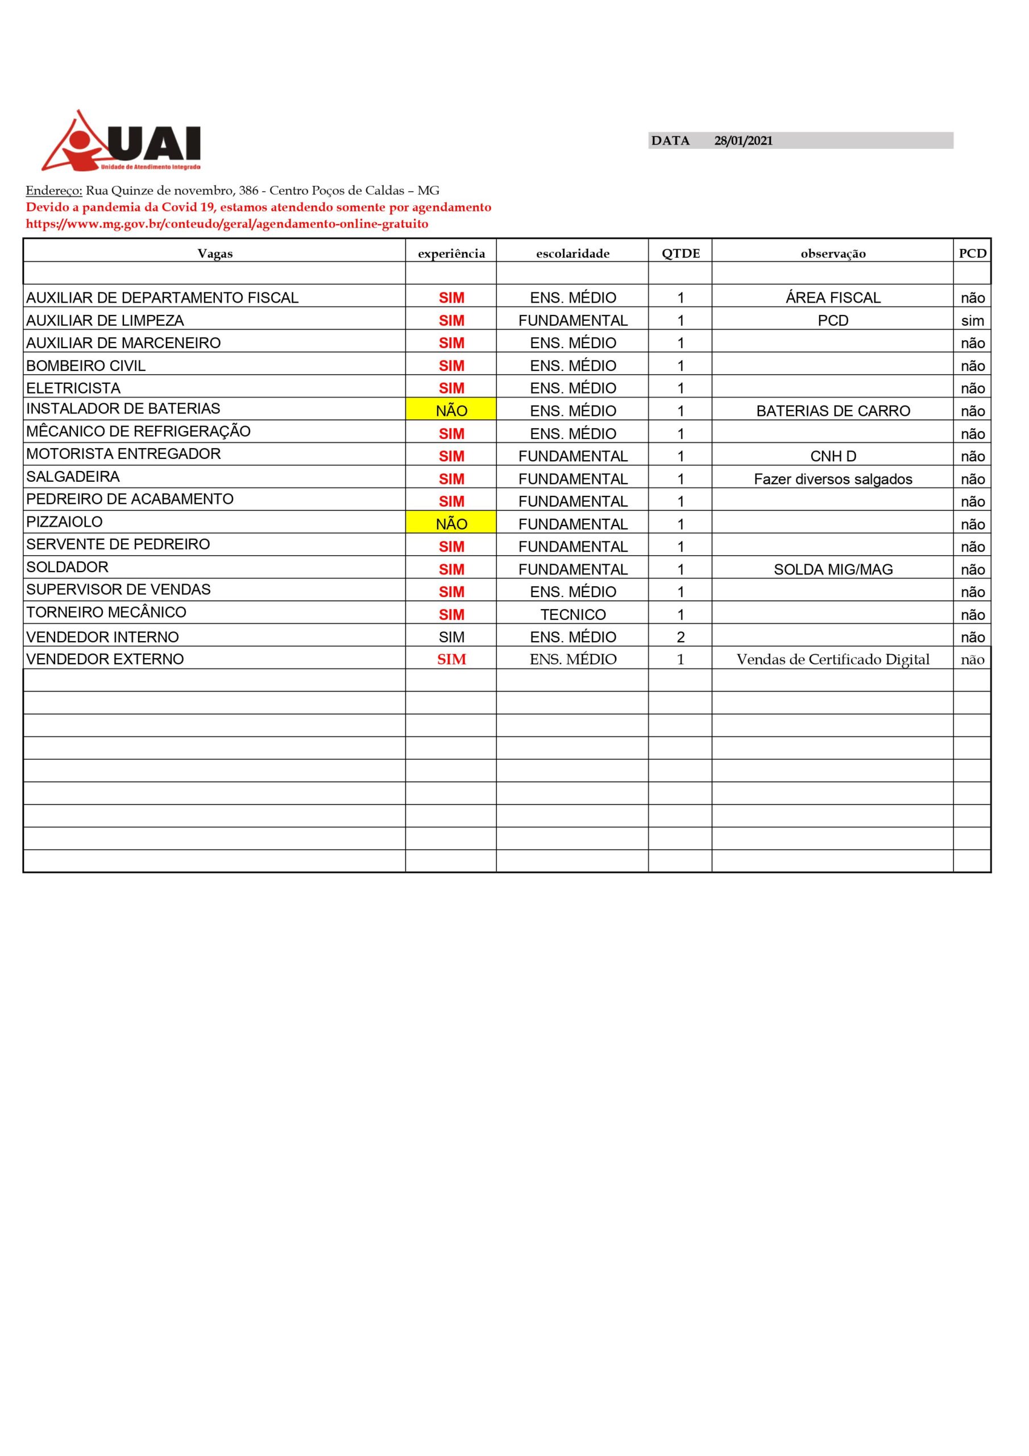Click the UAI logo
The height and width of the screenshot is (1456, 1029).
pyautogui.click(x=121, y=142)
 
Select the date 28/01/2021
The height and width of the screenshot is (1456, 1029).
pyautogui.click(x=743, y=141)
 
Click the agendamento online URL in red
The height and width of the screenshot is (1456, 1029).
pyautogui.click(x=227, y=224)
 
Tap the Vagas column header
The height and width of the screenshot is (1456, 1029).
pyautogui.click(x=215, y=254)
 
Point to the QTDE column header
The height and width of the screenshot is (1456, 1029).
pyautogui.click(x=681, y=254)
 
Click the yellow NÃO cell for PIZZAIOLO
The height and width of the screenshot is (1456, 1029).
pyautogui.click(x=451, y=524)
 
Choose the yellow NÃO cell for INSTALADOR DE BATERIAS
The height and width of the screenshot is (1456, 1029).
pyautogui.click(x=451, y=410)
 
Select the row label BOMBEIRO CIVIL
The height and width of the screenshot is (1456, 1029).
pyautogui.click(x=86, y=366)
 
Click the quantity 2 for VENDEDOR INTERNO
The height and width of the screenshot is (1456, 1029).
pyautogui.click(x=681, y=636)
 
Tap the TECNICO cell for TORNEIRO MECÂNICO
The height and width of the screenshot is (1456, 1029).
pyautogui.click(x=572, y=614)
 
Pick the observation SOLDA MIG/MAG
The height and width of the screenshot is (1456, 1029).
pyautogui.click(x=832, y=569)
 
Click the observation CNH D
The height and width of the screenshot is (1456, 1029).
pyautogui.click(x=832, y=456)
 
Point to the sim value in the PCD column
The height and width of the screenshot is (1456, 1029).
pyautogui.click(x=972, y=321)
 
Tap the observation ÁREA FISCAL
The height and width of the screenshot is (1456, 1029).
pyautogui.click(x=832, y=298)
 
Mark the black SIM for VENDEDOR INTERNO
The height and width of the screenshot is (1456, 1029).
pyautogui.click(x=451, y=636)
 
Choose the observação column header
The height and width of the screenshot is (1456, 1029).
pyautogui.click(x=832, y=254)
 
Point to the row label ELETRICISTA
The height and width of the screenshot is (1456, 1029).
pyautogui.click(x=73, y=388)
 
